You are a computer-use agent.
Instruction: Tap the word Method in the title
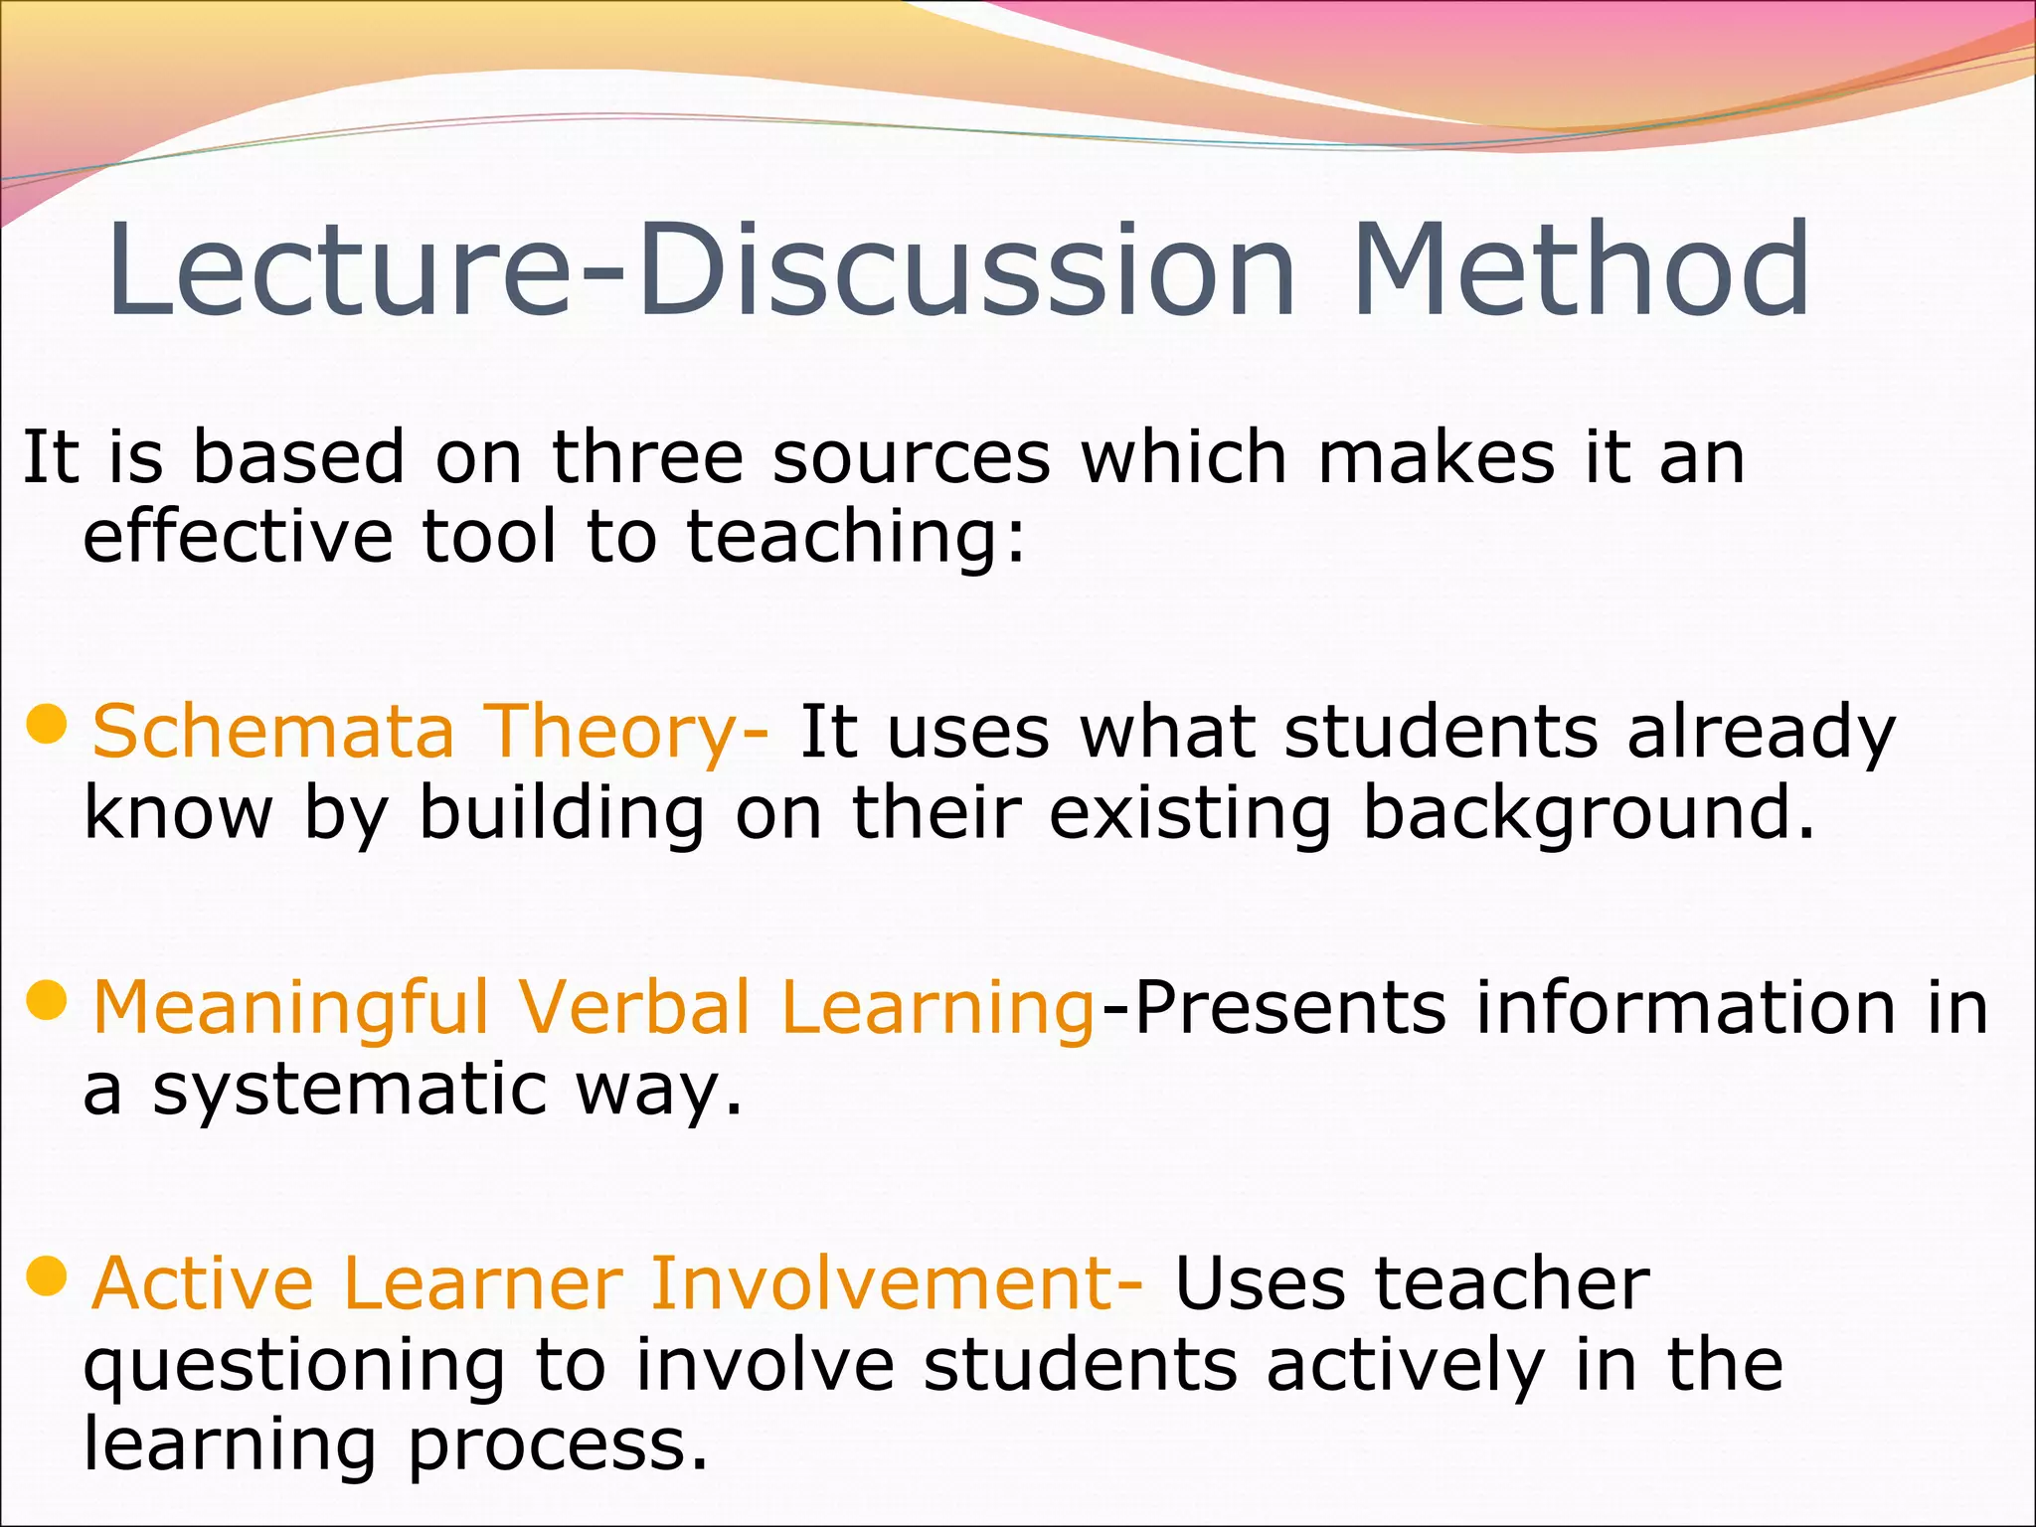click(x=1581, y=270)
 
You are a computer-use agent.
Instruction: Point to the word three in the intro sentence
click(x=647, y=458)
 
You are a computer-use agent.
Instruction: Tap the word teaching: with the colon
click(x=856, y=538)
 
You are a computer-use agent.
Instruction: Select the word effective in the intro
click(x=239, y=538)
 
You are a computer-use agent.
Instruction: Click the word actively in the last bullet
click(x=1407, y=1365)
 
